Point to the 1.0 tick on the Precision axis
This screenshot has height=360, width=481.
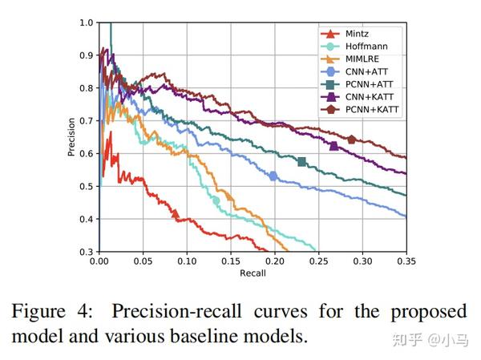point(87,22)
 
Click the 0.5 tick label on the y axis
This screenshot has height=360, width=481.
point(87,186)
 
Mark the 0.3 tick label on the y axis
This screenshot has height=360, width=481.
point(87,252)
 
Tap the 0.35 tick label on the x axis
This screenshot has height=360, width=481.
point(406,261)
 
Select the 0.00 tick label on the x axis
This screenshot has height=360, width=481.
point(99,261)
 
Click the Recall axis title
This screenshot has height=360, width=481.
point(253,273)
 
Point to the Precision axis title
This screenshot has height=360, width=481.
point(71,137)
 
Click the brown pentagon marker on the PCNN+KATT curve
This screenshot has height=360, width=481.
point(351,140)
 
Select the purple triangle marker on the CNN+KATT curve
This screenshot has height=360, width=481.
point(333,146)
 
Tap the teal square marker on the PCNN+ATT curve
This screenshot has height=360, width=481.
point(302,162)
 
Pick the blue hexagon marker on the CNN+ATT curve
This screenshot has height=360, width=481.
point(273,176)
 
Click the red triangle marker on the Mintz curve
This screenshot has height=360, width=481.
point(176,214)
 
